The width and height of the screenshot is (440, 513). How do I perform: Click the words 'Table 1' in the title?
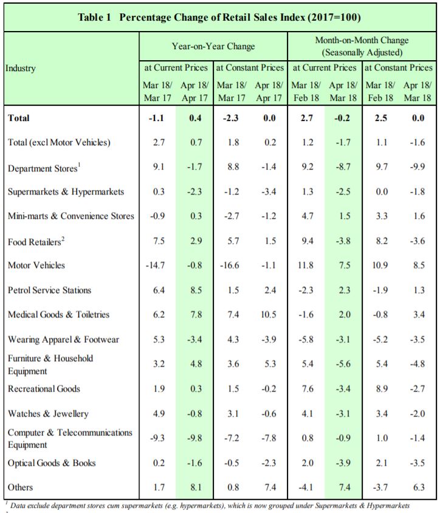[x=94, y=17]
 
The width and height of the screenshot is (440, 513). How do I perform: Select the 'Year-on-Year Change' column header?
[x=213, y=46]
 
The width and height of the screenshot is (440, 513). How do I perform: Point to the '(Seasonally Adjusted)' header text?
[x=362, y=52]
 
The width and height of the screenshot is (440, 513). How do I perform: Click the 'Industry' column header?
[x=20, y=68]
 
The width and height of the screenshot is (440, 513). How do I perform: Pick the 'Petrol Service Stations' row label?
[x=49, y=290]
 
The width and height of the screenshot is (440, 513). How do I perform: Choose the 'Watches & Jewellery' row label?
[x=48, y=413]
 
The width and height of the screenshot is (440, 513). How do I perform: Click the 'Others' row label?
[x=20, y=487]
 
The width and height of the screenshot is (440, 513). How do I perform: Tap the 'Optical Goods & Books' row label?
[x=52, y=463]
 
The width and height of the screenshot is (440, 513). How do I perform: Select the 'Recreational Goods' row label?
[x=44, y=388]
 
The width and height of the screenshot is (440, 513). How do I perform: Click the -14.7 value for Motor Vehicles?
[x=155, y=265]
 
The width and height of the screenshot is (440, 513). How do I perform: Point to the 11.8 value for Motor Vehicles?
[x=306, y=265]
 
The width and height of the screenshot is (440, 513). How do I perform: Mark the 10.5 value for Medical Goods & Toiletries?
[x=269, y=314]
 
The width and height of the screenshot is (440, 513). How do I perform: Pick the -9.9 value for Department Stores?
[x=418, y=167]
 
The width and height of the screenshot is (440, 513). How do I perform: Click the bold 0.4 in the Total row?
[x=195, y=118]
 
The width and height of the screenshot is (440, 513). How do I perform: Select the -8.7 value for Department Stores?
[x=343, y=167]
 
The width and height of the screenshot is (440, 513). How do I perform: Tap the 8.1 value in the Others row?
[x=196, y=487]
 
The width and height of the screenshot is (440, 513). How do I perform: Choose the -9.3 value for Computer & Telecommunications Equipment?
[x=157, y=438]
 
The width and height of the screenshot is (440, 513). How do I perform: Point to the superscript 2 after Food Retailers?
[x=63, y=238]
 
